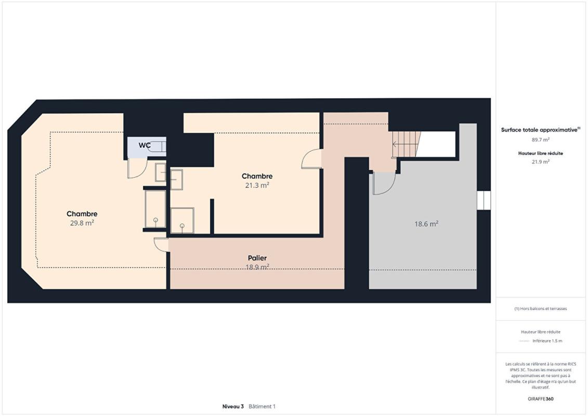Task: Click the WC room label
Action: (x=145, y=146)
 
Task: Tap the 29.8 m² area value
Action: (x=82, y=223)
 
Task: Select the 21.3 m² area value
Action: (x=257, y=185)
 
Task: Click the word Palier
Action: (x=257, y=258)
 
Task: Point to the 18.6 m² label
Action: (x=426, y=224)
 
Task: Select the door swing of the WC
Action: (x=137, y=168)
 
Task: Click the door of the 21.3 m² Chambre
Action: (x=311, y=159)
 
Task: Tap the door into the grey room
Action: (x=384, y=183)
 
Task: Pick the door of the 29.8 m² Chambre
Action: (x=162, y=244)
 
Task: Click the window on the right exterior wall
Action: (x=484, y=200)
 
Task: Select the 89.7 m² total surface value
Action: (x=540, y=139)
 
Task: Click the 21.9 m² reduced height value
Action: (x=540, y=161)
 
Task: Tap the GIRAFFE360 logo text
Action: (x=541, y=399)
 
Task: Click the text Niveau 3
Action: (x=233, y=406)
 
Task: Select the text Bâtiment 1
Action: (x=262, y=406)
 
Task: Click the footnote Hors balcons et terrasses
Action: (x=541, y=308)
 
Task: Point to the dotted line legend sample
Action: (x=524, y=341)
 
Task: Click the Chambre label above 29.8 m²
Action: (x=82, y=214)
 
